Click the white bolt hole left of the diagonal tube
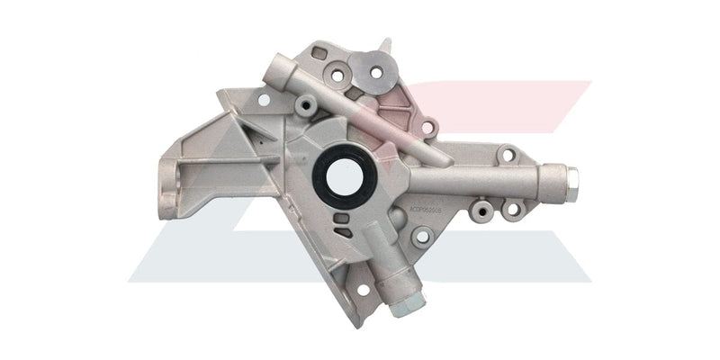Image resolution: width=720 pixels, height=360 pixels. (x=264, y=99)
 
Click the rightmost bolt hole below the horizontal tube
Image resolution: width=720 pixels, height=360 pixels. (x=513, y=210)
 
